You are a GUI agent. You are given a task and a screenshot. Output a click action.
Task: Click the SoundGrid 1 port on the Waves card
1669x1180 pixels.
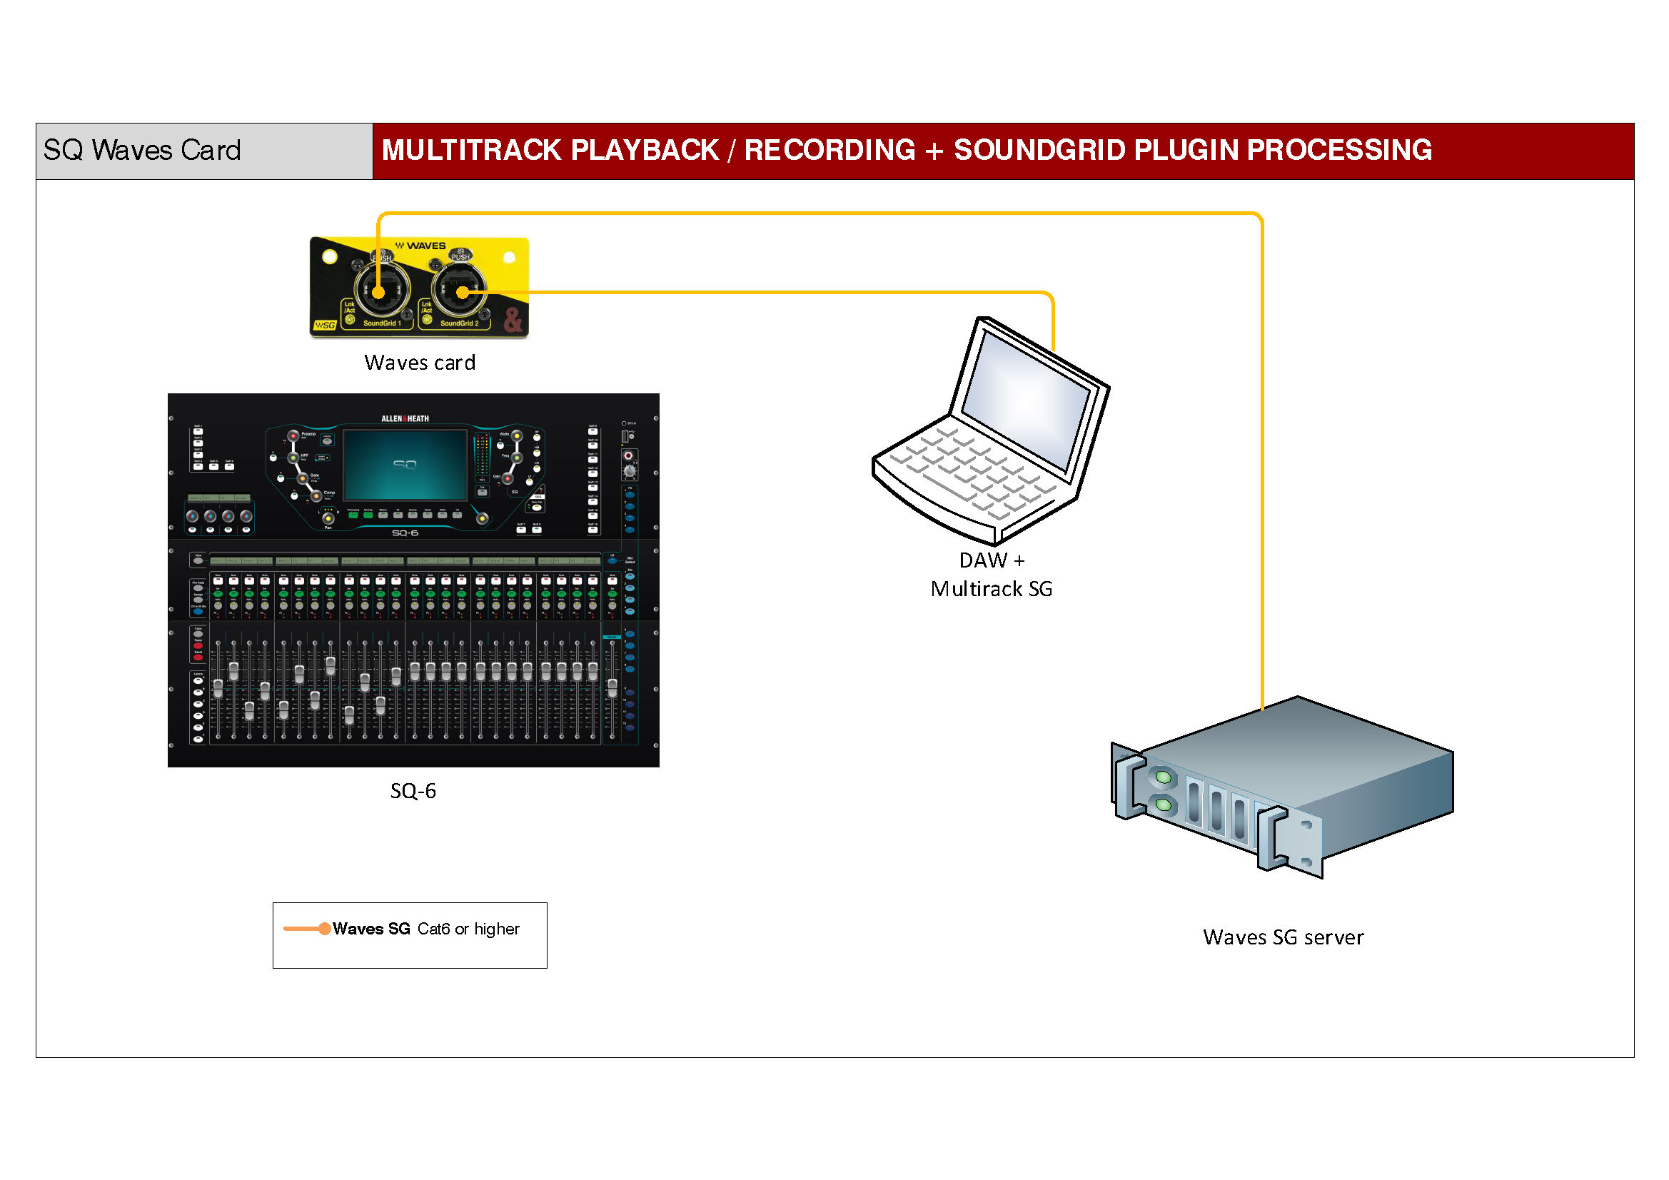379,292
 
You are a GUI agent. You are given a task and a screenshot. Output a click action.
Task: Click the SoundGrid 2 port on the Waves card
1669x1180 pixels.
461,292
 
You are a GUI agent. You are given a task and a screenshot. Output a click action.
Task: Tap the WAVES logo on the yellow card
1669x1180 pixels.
421,246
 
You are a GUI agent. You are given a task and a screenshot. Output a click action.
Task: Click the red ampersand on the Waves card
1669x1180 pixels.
513,320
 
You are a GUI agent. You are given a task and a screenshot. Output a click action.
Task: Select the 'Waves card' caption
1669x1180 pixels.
420,363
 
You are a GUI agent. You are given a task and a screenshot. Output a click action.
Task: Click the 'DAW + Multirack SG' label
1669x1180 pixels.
991,575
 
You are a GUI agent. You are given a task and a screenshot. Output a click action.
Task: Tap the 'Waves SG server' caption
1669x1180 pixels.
1283,937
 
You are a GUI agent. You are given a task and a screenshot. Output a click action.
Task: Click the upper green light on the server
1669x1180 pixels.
1163,778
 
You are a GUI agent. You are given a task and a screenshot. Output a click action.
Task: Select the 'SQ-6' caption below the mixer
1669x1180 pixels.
413,791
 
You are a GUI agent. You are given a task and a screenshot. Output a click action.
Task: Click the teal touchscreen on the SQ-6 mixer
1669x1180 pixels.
405,465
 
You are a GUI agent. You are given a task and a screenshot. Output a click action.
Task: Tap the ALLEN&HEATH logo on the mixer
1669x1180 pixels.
405,419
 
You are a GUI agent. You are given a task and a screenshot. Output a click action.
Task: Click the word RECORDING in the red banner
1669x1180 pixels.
830,150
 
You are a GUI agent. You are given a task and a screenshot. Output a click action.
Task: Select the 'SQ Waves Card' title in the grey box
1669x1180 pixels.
142,150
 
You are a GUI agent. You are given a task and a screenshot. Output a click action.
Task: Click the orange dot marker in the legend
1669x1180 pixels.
325,929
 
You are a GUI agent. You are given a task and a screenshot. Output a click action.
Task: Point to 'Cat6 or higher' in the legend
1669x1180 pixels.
468,929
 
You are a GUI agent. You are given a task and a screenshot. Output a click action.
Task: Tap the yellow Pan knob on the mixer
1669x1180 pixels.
328,518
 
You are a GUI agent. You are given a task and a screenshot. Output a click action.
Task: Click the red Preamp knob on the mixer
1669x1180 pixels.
293,436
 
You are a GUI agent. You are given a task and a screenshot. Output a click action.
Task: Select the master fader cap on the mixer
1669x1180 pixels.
612,687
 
